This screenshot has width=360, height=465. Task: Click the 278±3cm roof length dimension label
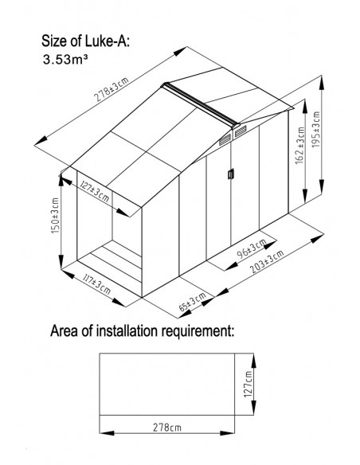pyautogui.click(x=112, y=89)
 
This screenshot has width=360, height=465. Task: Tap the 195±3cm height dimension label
pyautogui.click(x=316, y=129)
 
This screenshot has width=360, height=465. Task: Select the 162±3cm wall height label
pyautogui.click(x=300, y=145)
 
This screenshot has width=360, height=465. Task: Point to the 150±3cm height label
pyautogui.click(x=56, y=216)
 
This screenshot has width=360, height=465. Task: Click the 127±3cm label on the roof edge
pyautogui.click(x=95, y=192)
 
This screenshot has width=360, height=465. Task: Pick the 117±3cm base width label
pyautogui.click(x=96, y=284)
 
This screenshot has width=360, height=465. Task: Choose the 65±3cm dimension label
pyautogui.click(x=192, y=302)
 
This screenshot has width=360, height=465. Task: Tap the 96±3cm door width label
pyautogui.click(x=252, y=248)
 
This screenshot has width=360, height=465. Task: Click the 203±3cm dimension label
pyautogui.click(x=267, y=261)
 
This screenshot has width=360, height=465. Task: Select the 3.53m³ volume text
pyautogui.click(x=65, y=59)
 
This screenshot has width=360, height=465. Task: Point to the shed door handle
pyautogui.click(x=231, y=174)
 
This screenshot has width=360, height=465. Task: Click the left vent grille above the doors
pyautogui.click(x=225, y=139)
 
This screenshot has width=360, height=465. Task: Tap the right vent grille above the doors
pyautogui.click(x=241, y=131)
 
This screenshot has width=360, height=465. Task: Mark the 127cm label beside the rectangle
pyautogui.click(x=248, y=384)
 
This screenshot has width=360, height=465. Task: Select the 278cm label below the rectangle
pyautogui.click(x=167, y=428)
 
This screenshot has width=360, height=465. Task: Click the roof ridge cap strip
pyautogui.click(x=201, y=105)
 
